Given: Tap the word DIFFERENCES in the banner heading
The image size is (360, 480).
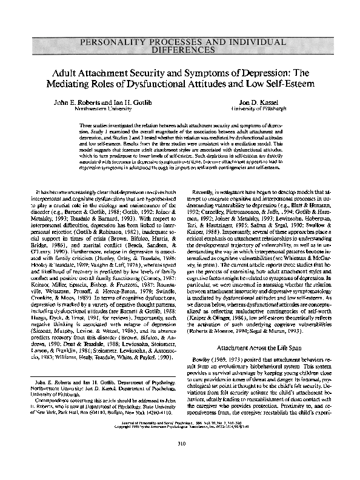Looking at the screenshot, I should pos(179,52).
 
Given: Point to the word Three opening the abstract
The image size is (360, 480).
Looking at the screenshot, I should pos(87,124).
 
